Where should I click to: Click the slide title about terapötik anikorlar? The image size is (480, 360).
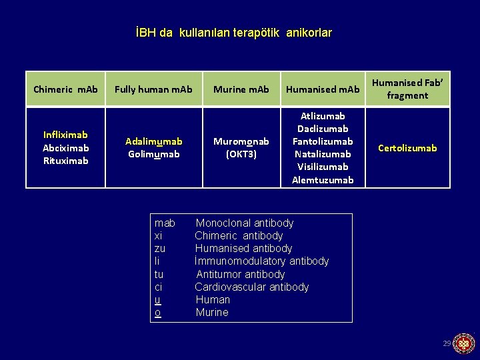[x=233, y=33]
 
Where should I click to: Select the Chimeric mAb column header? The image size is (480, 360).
[x=65, y=89]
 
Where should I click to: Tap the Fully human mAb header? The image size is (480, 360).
[x=153, y=89]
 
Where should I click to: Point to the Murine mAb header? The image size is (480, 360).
[x=241, y=89]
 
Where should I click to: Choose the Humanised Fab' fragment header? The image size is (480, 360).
[x=408, y=89]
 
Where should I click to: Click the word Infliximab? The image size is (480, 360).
[x=65, y=135]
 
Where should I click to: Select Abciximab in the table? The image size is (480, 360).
[x=65, y=148]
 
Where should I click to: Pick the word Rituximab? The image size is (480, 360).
[x=65, y=161]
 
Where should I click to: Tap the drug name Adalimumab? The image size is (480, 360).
[x=153, y=141]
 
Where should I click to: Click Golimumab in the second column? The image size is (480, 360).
[x=153, y=154]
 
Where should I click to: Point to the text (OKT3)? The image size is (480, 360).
[x=241, y=154]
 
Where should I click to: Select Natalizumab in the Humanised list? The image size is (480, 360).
[x=323, y=154]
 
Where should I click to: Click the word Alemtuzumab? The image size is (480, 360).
[x=323, y=180]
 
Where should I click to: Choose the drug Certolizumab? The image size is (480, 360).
[x=408, y=148]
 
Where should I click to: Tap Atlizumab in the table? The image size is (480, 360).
[x=323, y=116]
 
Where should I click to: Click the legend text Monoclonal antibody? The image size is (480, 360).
[x=245, y=223]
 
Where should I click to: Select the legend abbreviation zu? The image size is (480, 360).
[x=160, y=249]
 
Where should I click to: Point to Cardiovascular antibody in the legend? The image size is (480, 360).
[x=252, y=287]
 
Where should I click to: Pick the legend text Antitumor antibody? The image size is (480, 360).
[x=241, y=275]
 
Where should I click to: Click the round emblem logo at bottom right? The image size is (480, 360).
[x=464, y=343]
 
